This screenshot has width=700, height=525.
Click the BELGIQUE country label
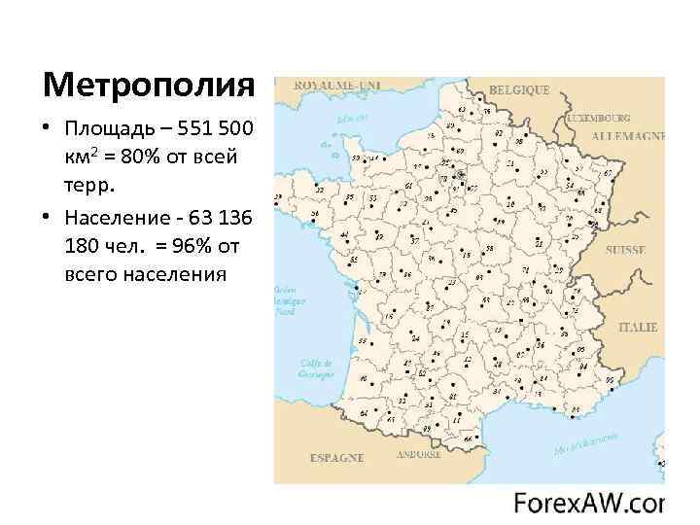point(518,90)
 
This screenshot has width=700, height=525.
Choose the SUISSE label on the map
point(624,250)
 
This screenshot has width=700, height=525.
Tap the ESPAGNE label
point(336,457)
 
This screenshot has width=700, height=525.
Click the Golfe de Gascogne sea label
point(317,368)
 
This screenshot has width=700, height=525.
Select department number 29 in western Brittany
point(278,198)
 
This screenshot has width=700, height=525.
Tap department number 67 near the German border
point(607,175)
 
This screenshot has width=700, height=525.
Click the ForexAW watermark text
point(588,504)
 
